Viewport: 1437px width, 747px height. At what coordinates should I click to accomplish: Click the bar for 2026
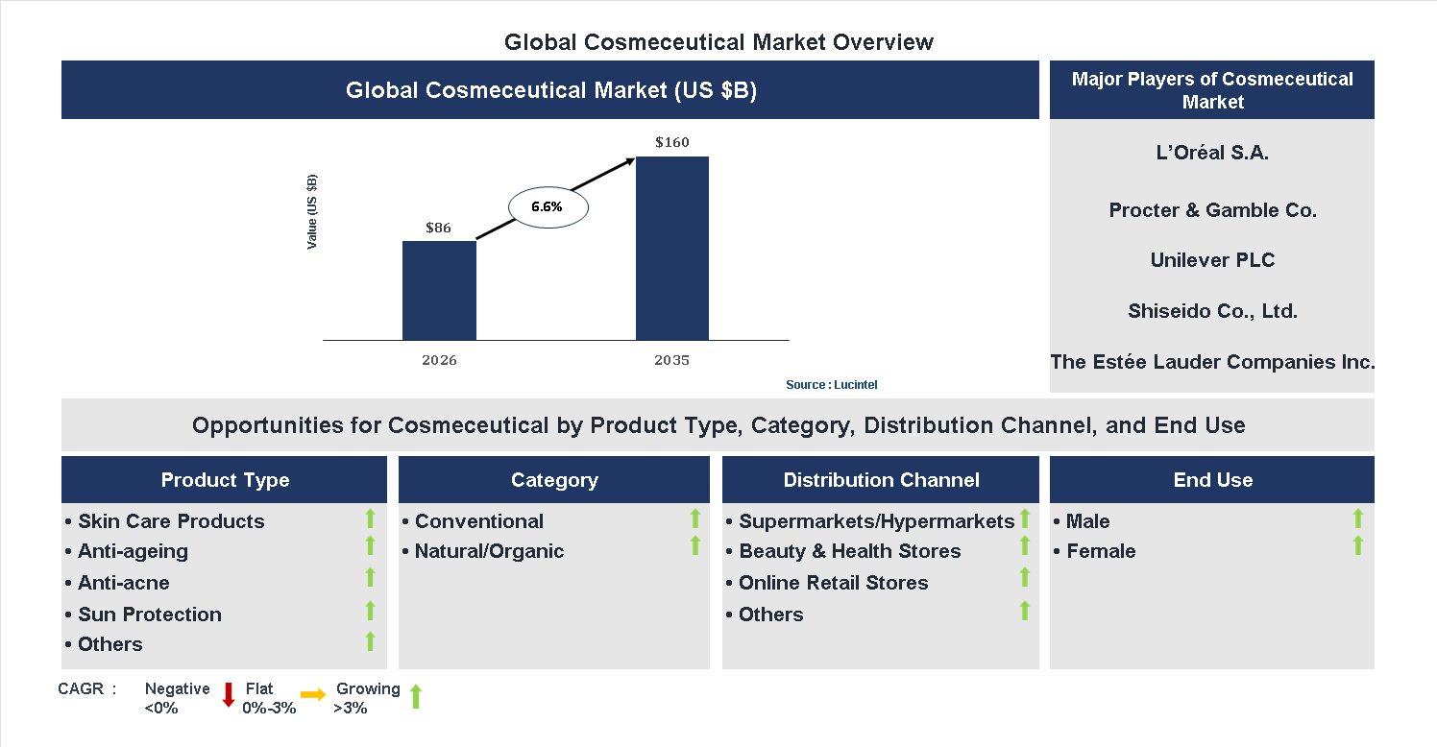point(439,290)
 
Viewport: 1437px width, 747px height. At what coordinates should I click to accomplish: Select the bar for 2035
point(672,248)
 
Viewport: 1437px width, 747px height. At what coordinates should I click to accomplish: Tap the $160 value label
point(672,142)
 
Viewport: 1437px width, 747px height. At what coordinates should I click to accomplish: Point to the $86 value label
point(438,228)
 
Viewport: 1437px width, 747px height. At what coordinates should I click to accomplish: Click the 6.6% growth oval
point(547,206)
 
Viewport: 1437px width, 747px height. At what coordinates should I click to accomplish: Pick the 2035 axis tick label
point(672,361)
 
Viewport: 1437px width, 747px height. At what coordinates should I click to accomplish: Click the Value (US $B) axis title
point(311,211)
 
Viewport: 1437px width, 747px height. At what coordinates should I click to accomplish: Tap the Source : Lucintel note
point(831,385)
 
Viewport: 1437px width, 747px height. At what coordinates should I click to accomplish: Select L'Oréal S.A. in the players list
point(1212,153)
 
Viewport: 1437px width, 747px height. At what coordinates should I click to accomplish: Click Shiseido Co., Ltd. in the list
point(1212,311)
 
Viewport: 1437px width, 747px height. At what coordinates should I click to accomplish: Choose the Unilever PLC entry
point(1212,260)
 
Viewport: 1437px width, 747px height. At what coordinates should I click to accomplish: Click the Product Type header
point(225,480)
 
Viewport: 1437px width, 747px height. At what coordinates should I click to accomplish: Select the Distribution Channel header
point(881,480)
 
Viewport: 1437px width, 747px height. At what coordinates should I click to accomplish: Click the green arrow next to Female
point(1357,546)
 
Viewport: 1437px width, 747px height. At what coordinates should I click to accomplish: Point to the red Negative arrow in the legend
point(229,694)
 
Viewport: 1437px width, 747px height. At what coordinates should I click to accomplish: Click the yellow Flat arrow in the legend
point(313,694)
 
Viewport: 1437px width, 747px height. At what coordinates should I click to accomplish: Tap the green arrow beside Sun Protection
point(370,611)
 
